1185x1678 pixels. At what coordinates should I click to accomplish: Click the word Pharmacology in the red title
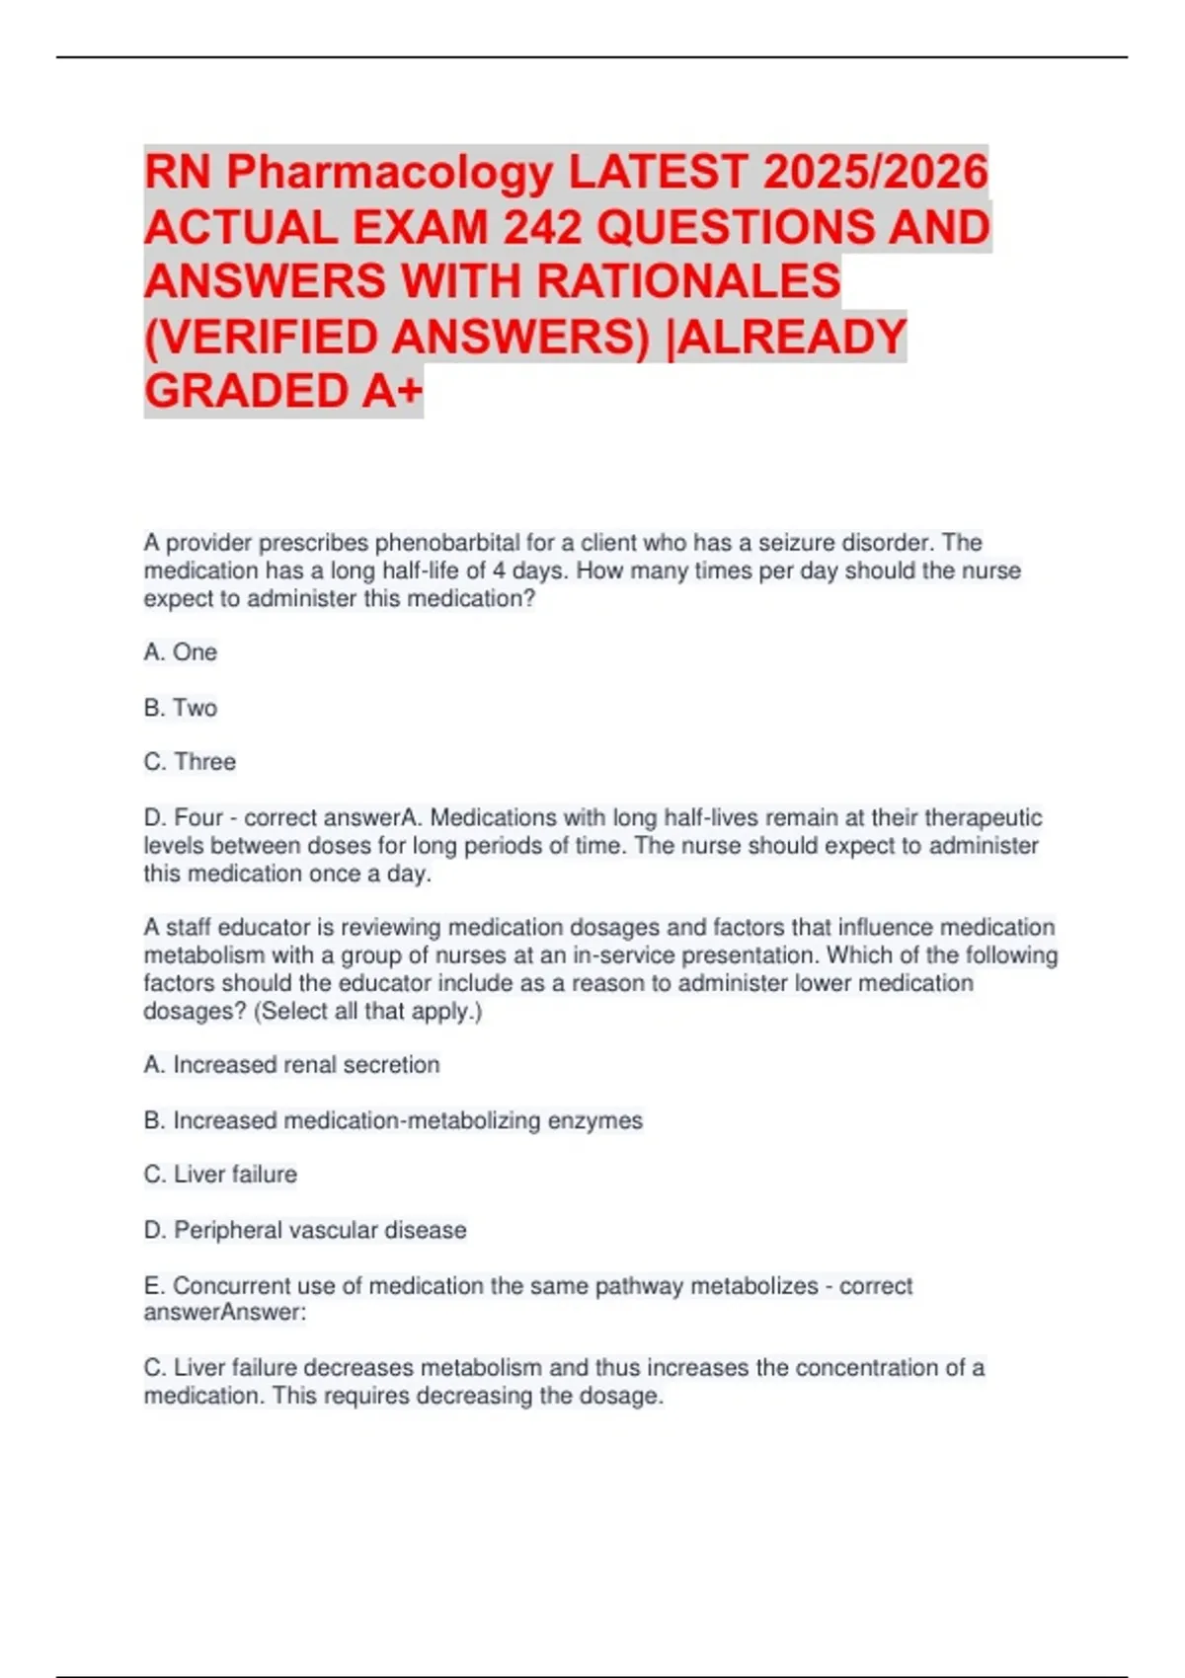click(x=390, y=173)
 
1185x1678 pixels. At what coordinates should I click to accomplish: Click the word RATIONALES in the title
click(x=688, y=281)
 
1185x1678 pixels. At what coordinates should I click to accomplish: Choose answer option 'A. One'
click(x=181, y=652)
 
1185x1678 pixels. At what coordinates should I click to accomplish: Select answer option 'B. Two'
click(x=181, y=708)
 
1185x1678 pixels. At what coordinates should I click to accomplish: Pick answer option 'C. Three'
click(x=191, y=762)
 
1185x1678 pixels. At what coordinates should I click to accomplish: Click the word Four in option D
click(x=198, y=818)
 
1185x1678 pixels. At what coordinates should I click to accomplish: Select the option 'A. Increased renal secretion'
click(x=291, y=1065)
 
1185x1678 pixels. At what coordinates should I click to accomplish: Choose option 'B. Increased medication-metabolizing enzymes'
click(x=393, y=1120)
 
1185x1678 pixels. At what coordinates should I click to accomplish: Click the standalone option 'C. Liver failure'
click(x=220, y=1175)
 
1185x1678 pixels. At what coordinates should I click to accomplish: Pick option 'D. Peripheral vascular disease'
click(x=305, y=1230)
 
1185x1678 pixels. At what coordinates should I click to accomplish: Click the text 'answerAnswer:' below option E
click(x=225, y=1313)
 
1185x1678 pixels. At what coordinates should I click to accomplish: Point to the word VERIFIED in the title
click(x=267, y=337)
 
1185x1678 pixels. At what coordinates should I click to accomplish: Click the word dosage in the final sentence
click(x=622, y=1396)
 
